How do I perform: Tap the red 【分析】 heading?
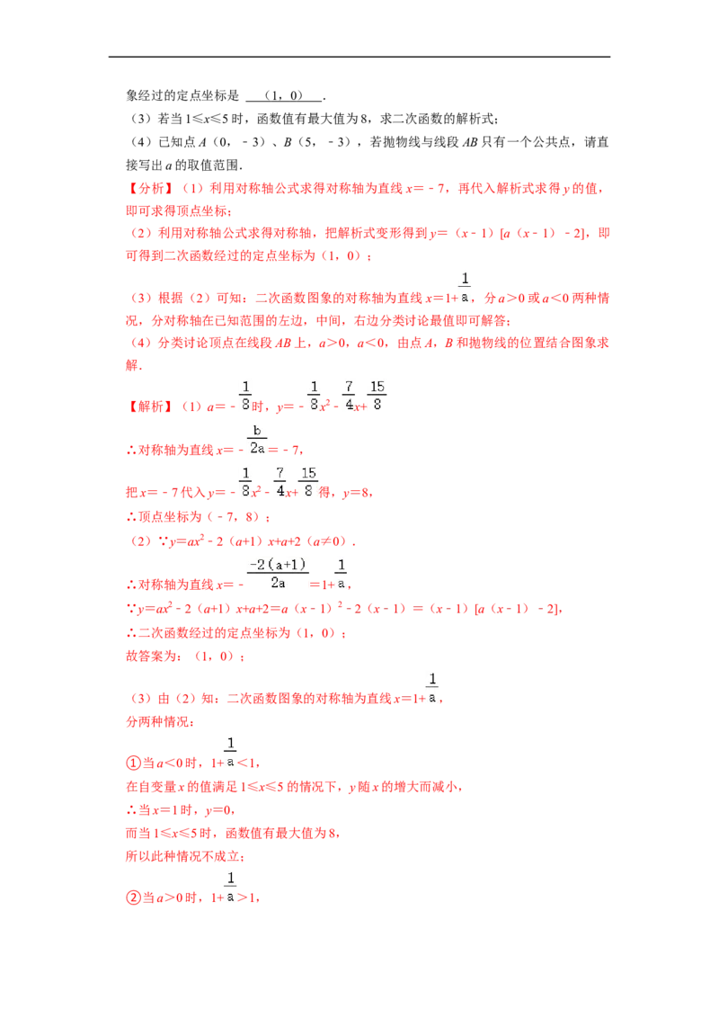150,188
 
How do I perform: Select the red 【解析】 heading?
150,406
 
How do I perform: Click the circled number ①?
133,763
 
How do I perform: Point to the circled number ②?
133,897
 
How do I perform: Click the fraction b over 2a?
257,440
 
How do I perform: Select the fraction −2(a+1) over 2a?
278,574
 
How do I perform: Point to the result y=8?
356,493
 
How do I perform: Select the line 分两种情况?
159,722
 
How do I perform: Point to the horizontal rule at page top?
359,58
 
